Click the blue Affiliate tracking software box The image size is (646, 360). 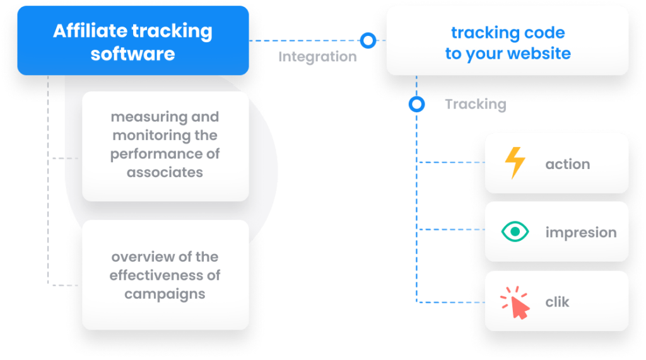pos(132,42)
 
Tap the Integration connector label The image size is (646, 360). pos(317,57)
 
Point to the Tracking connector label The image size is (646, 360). pos(476,104)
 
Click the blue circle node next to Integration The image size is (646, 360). pos(367,40)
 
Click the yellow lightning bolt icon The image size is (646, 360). pos(515,163)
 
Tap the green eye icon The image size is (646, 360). pos(515,232)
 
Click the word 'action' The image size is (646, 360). pos(567,164)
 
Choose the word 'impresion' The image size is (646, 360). pos(580,233)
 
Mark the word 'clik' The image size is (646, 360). pos(557,302)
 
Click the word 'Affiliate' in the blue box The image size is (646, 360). pos(86,32)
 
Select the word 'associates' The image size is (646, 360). pos(165,172)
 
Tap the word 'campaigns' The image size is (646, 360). pos(165,293)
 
